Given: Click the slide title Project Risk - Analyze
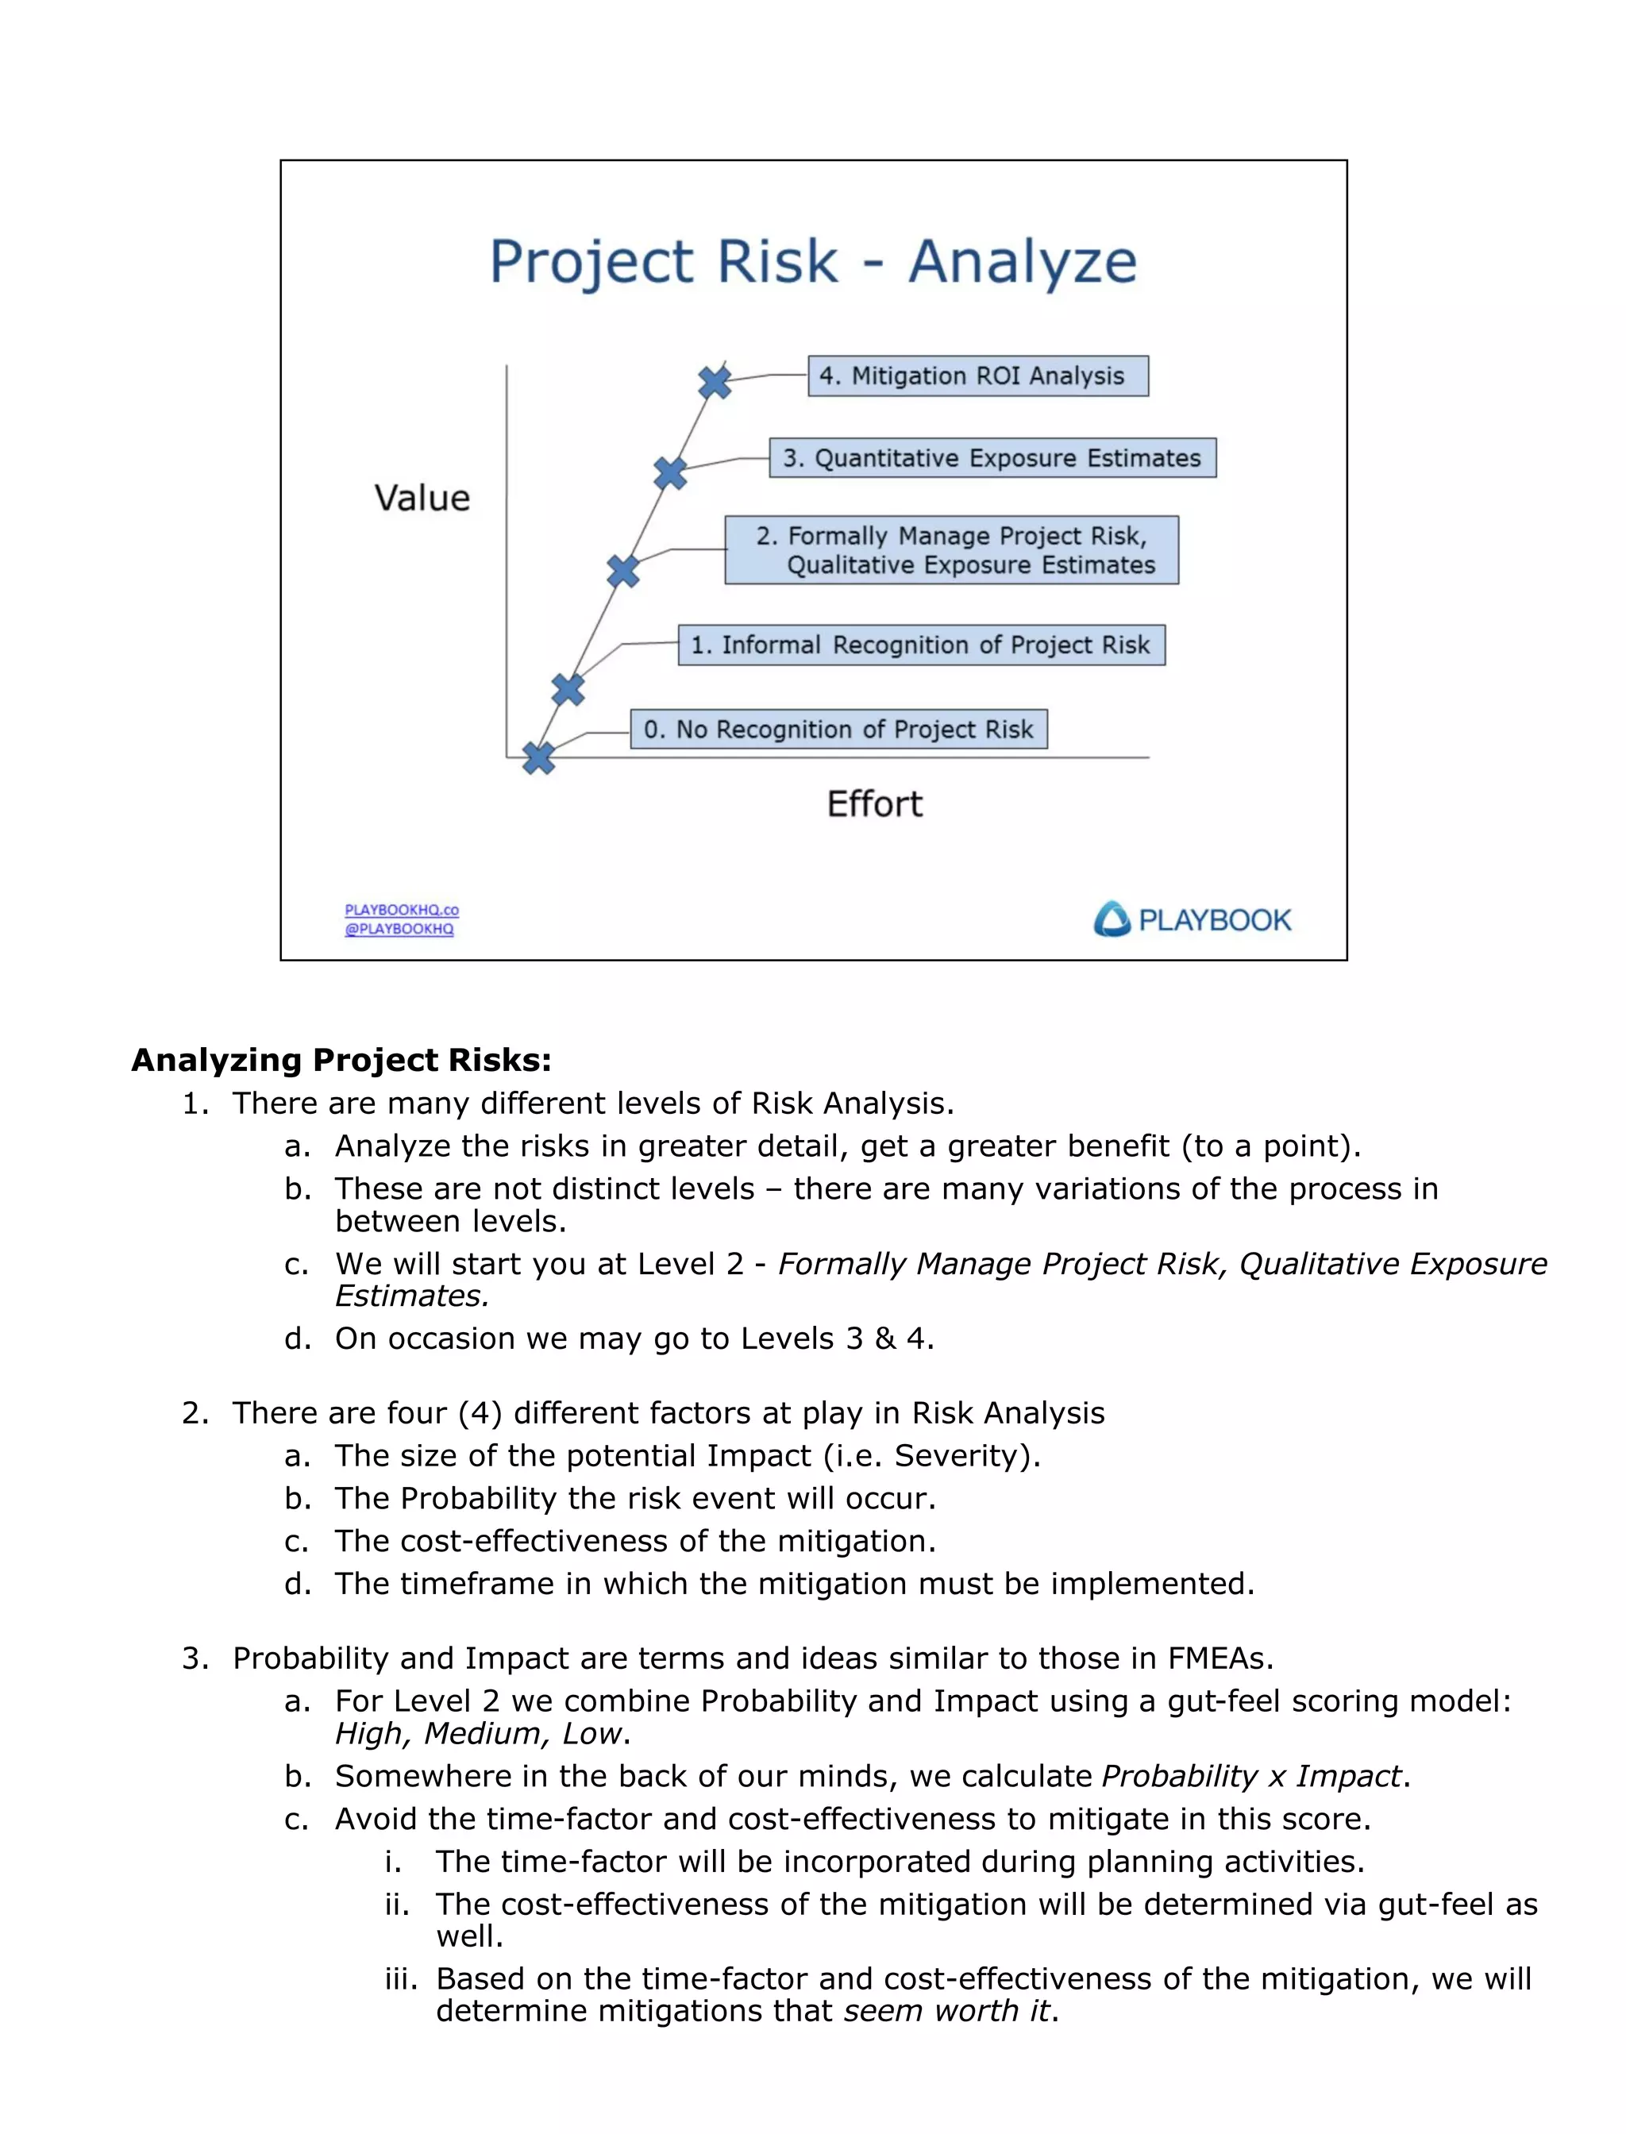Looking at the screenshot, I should [813, 261].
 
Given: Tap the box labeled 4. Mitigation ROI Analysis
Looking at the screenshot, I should [977, 376].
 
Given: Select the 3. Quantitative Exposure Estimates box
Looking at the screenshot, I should [992, 458].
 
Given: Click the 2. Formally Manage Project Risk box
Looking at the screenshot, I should [951, 549].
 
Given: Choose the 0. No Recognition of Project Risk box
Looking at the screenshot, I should [838, 729].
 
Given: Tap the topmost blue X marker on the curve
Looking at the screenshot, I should [715, 383].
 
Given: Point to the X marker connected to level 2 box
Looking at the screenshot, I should [623, 571].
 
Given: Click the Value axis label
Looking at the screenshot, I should [422, 499].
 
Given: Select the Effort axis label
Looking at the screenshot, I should [874, 804].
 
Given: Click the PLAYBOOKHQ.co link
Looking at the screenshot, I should [402, 910].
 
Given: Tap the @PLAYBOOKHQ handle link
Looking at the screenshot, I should [399, 929].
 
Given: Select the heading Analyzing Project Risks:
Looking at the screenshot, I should [341, 1060].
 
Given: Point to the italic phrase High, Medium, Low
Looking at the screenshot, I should [477, 1733].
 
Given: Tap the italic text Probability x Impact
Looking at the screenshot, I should [1251, 1776].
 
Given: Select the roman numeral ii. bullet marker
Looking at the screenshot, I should [397, 1904].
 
